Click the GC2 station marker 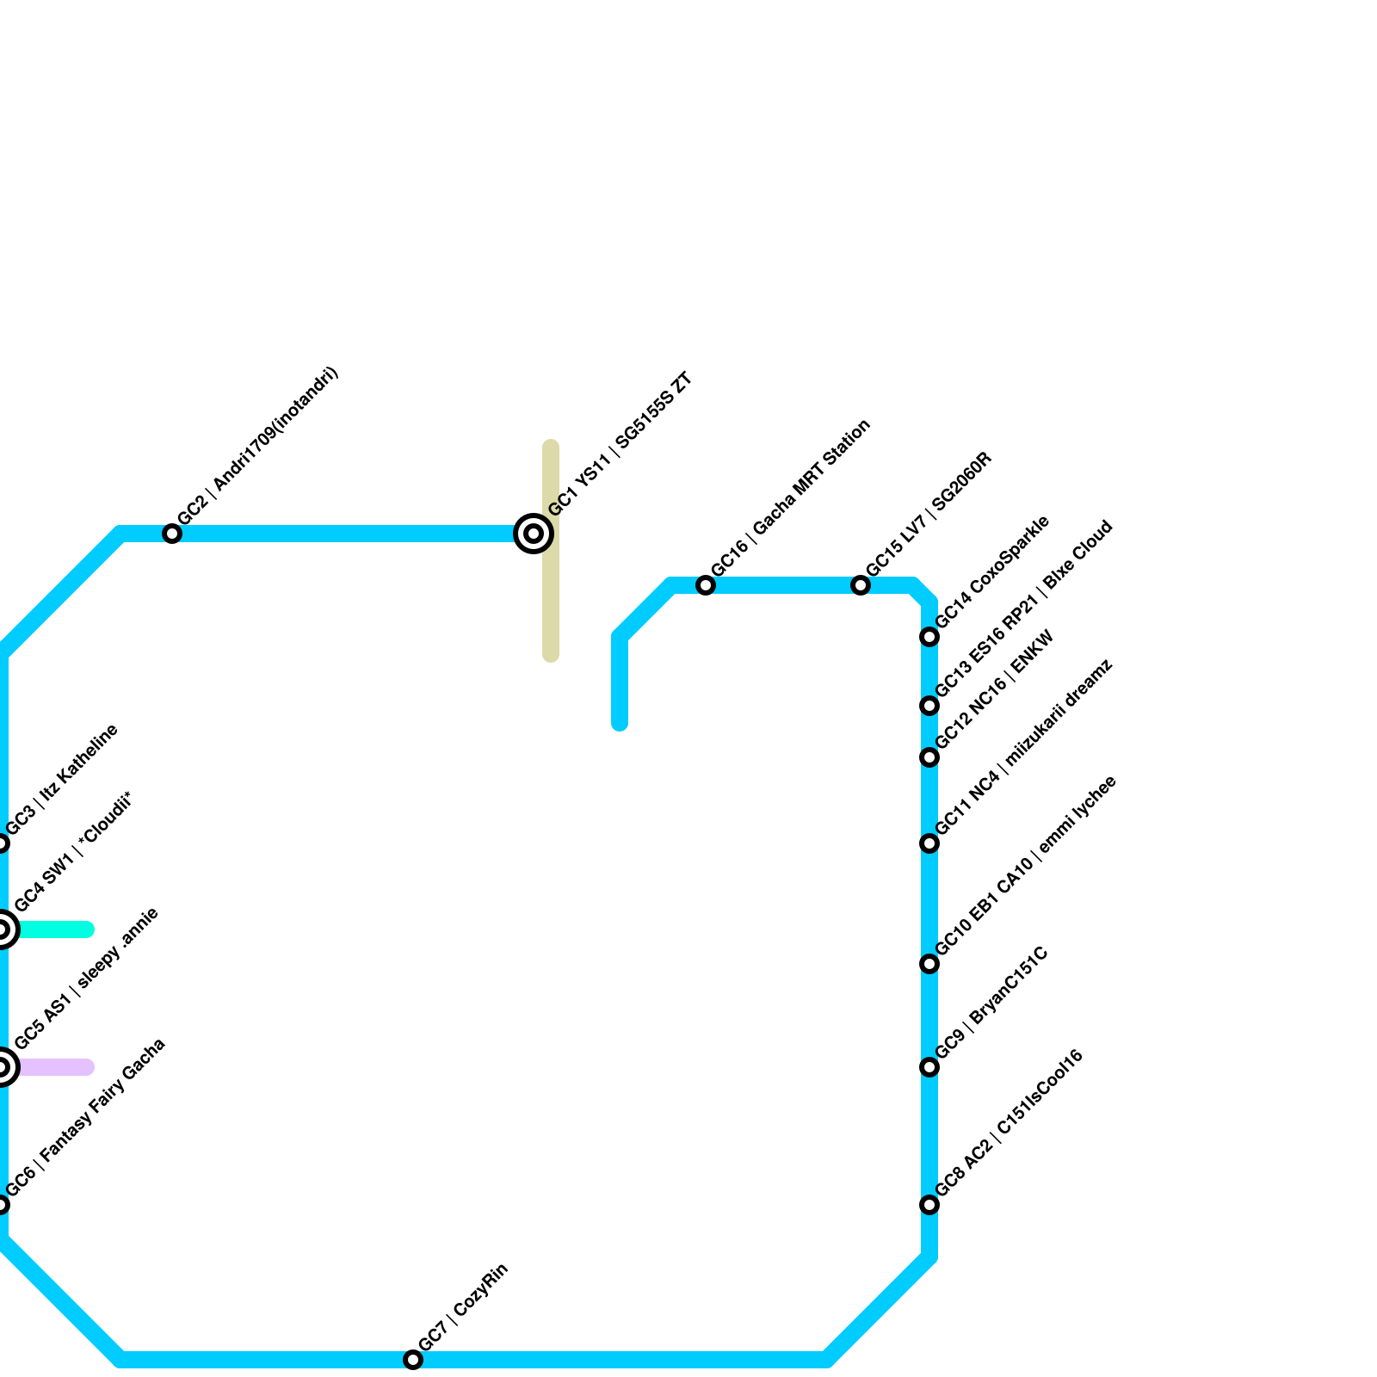[172, 534]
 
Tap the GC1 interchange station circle [534, 534]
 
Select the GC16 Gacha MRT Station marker [706, 585]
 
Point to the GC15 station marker [861, 585]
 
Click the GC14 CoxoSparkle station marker [929, 637]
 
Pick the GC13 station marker [929, 706]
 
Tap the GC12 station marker [929, 757]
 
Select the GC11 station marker [929, 843]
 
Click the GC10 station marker [929, 964]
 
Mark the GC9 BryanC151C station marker [929, 1067]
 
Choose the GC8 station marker [929, 1205]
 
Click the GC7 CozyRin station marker [413, 1360]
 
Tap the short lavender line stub [56, 1067]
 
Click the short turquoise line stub [56, 929]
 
